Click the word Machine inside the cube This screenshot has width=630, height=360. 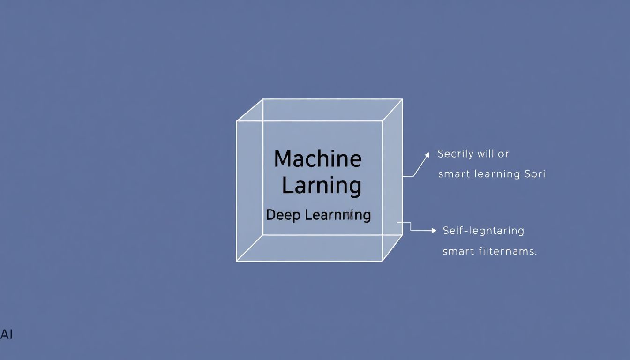[317, 159]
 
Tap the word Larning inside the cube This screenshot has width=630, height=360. [321, 186]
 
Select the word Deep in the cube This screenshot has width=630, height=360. [283, 215]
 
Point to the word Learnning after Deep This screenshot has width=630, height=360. [337, 215]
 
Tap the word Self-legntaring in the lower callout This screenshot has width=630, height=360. [483, 231]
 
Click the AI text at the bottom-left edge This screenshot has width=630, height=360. [7, 335]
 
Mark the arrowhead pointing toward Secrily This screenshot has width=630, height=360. [427, 154]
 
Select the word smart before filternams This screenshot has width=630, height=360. [458, 251]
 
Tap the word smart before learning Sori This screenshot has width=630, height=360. [454, 174]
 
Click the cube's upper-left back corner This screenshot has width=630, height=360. [263, 99]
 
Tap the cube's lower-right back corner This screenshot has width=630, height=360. [402, 234]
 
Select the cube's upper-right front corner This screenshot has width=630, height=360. [382, 121]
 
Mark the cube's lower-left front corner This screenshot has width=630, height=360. [237, 261]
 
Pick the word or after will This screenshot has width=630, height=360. [503, 154]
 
